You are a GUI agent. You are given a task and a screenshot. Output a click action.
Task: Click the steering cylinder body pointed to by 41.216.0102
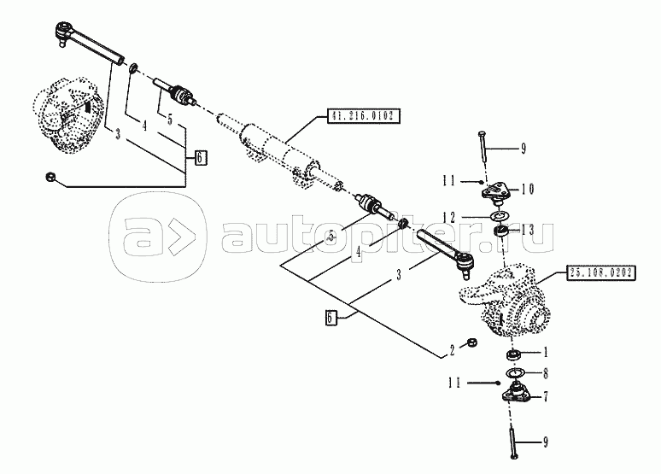point(278,149)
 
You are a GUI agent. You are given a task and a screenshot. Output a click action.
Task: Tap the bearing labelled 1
point(512,353)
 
